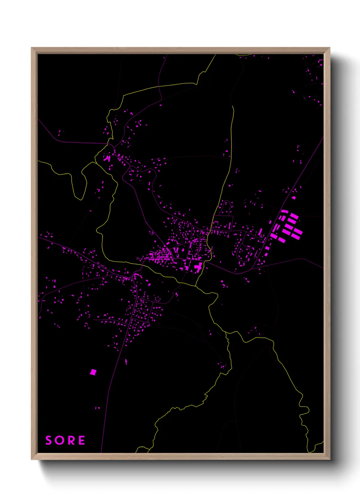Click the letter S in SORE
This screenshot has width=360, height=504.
(x=49, y=440)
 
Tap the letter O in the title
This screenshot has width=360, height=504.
(x=59, y=440)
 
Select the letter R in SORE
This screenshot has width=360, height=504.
(x=70, y=440)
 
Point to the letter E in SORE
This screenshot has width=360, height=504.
(x=82, y=440)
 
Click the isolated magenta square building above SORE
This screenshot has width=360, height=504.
(x=93, y=372)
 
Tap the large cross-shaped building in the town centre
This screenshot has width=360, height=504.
(x=198, y=267)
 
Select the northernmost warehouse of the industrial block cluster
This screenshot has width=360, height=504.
(x=284, y=211)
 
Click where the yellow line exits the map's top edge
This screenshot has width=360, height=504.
(x=216, y=55)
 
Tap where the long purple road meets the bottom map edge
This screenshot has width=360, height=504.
(x=101, y=452)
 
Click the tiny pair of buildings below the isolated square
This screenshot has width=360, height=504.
(x=97, y=408)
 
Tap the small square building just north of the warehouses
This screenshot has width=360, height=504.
(x=293, y=198)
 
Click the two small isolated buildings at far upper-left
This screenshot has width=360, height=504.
(x=60, y=132)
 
